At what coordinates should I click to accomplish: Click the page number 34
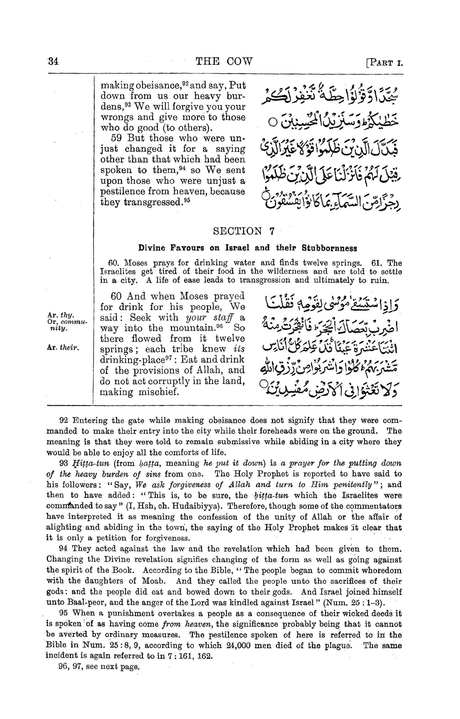(53, 61)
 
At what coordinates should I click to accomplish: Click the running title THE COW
(224, 61)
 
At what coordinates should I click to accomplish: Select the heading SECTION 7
(243, 231)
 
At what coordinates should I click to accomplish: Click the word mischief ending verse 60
(159, 392)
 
